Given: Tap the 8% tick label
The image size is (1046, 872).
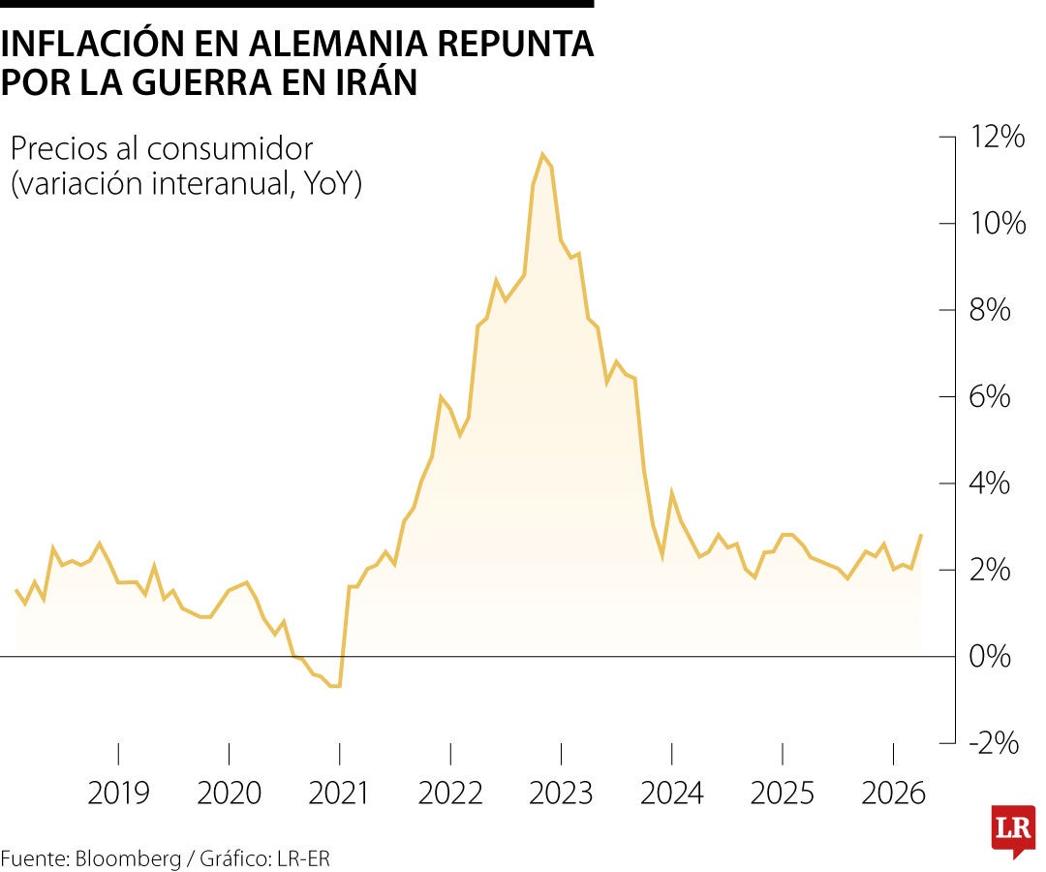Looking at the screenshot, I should pos(991,311).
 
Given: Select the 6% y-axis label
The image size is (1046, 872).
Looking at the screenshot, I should pos(991,397).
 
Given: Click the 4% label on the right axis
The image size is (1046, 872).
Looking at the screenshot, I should pos(991,483).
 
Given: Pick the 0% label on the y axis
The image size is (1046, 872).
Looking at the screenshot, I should pos(991,657).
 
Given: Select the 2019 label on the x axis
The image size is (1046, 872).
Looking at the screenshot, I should pos(118,794).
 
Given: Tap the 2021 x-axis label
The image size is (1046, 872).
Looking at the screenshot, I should pos(339,794).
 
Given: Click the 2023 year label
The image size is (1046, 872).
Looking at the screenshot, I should pos(561,794).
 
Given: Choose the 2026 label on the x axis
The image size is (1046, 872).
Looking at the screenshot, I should pos(893,794).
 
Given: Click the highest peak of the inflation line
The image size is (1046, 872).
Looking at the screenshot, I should pos(542,154).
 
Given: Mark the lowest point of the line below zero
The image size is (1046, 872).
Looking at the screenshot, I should pos(336,686).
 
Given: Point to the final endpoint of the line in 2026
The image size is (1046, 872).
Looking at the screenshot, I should pos(920,535).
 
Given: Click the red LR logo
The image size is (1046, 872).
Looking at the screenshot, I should pos(1013,828).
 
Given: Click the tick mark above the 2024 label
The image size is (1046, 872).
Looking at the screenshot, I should pos(671,754).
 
